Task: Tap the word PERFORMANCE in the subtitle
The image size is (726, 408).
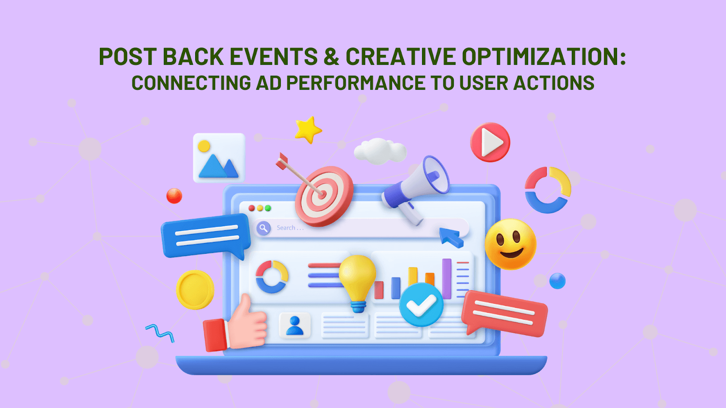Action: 356,83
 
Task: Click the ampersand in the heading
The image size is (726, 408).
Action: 331,57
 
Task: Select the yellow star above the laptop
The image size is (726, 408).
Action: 308,130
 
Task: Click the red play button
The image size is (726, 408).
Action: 490,142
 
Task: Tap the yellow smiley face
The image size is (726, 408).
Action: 510,244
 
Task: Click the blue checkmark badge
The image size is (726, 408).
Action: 421,305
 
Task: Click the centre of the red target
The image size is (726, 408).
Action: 323,194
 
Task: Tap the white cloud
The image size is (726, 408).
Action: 380,151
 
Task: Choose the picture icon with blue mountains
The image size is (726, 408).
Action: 219,158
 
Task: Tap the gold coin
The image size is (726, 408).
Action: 195,290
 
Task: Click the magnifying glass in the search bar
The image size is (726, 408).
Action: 263,228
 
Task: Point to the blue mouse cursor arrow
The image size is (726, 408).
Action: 451,237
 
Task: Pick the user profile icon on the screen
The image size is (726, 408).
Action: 295,325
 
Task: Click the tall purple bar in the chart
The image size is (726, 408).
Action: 447,279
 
